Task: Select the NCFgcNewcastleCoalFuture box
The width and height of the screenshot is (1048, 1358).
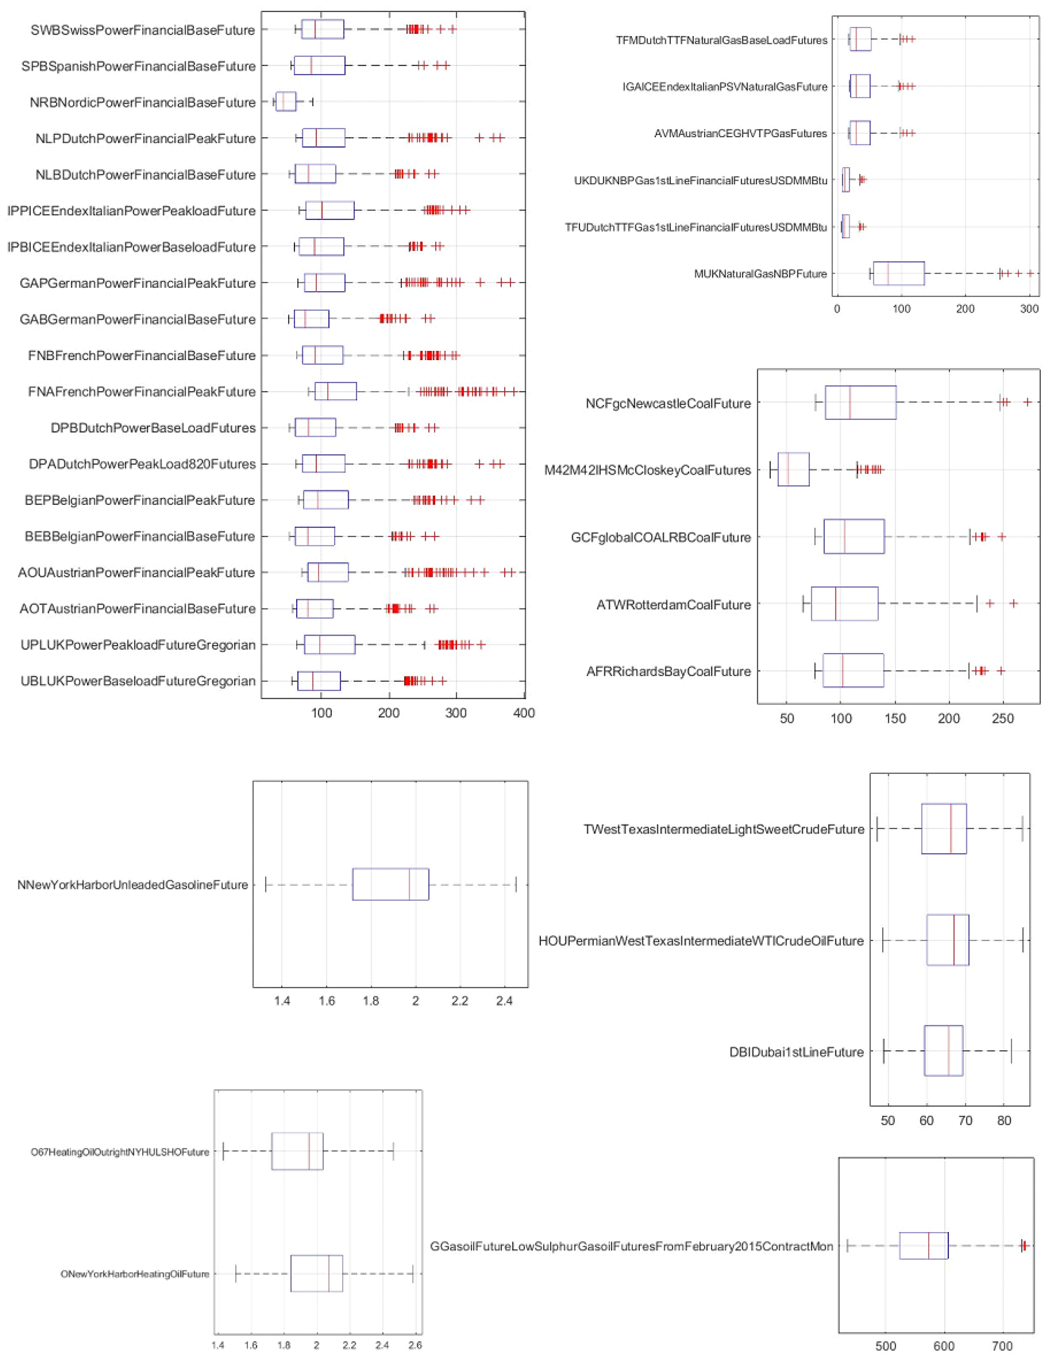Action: pyautogui.click(x=860, y=403)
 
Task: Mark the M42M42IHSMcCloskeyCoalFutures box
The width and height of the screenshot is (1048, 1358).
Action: pyautogui.click(x=793, y=470)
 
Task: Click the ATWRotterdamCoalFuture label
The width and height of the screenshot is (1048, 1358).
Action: pyautogui.click(x=673, y=604)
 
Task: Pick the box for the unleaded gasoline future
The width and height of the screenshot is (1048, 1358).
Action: pyautogui.click(x=390, y=884)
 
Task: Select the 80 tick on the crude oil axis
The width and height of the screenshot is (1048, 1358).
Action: pyautogui.click(x=1004, y=1121)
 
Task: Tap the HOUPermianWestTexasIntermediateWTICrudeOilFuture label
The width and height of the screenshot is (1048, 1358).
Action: pyautogui.click(x=701, y=941)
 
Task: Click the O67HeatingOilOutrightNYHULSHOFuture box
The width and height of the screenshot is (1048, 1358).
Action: pyautogui.click(x=297, y=1152)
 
